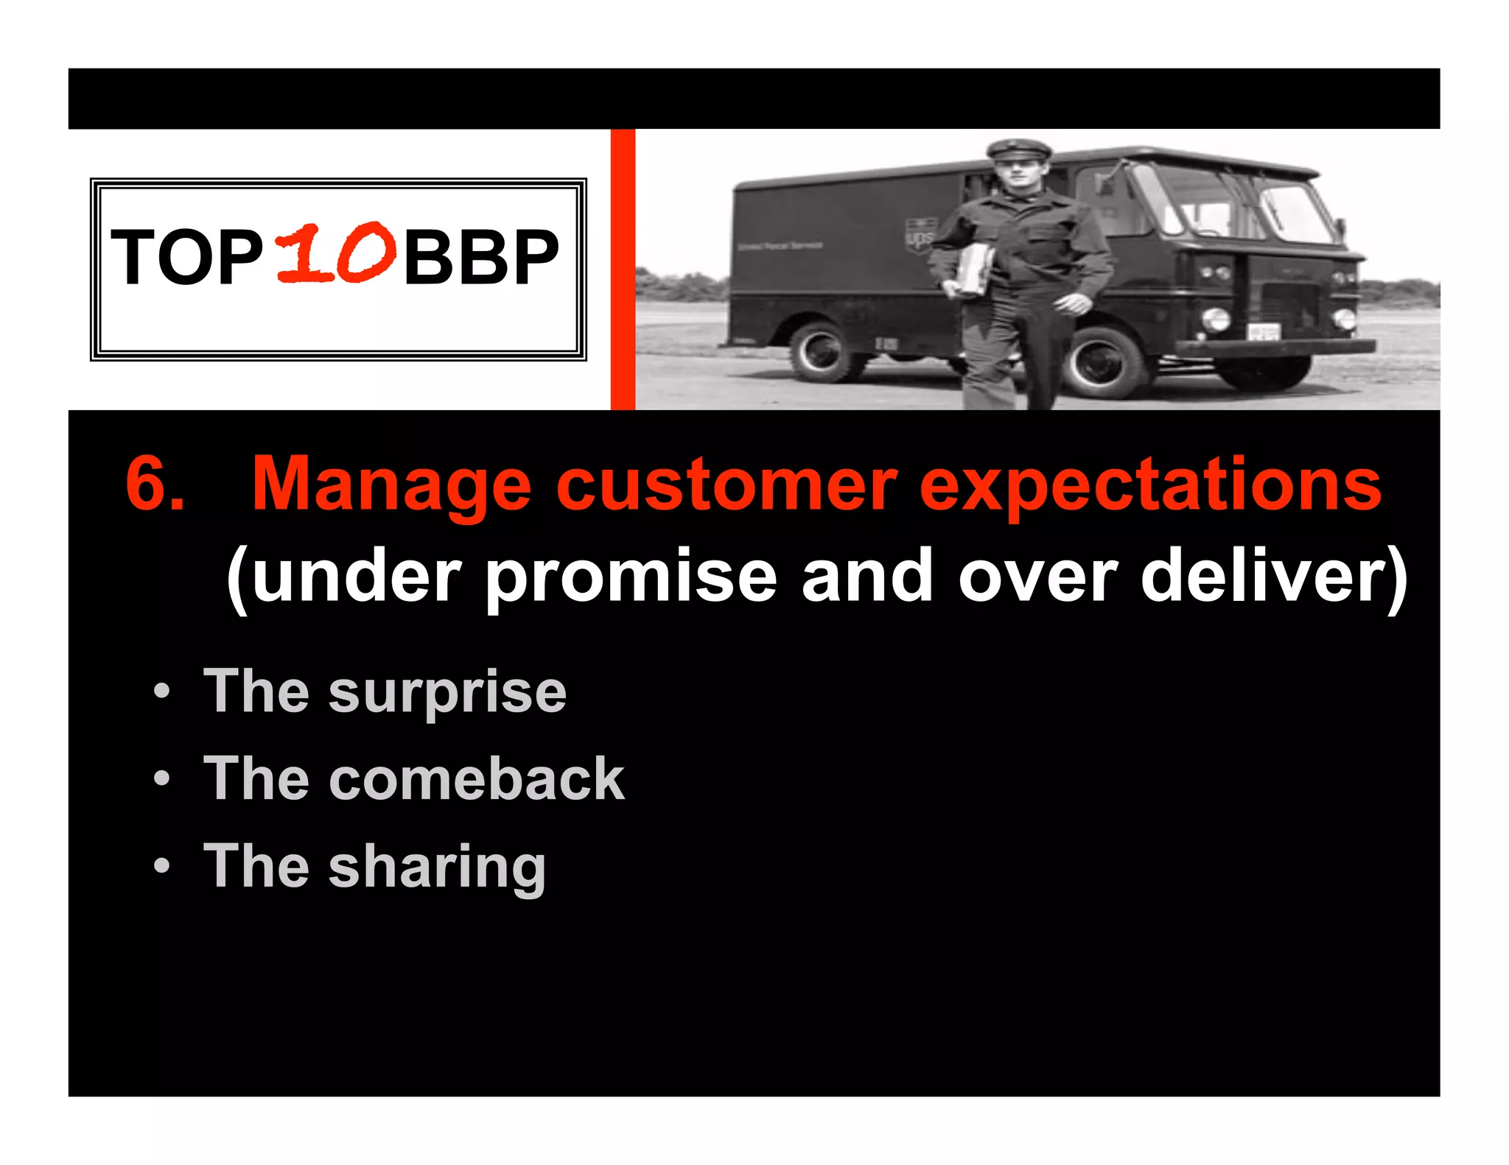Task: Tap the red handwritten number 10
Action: coord(336,254)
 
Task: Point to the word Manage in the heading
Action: coord(391,486)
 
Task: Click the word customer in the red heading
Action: coord(726,486)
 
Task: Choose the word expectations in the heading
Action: coord(1149,486)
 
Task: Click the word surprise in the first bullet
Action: coord(447,694)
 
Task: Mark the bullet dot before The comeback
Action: coord(162,778)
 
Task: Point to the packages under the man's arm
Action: coord(973,269)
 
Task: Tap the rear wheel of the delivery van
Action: coord(824,353)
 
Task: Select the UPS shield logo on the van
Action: coord(920,234)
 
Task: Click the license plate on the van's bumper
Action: coord(1262,333)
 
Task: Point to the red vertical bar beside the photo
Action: coord(623,269)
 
